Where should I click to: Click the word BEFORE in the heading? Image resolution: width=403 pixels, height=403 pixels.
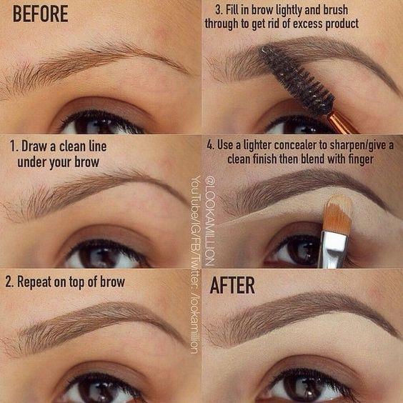pyautogui.click(x=40, y=14)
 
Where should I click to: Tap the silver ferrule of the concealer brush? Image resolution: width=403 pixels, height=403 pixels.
pyautogui.click(x=334, y=247)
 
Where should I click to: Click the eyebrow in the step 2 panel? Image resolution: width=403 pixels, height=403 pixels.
pyautogui.click(x=93, y=322)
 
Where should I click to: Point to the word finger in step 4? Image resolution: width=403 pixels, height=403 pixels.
pyautogui.click(x=357, y=159)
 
